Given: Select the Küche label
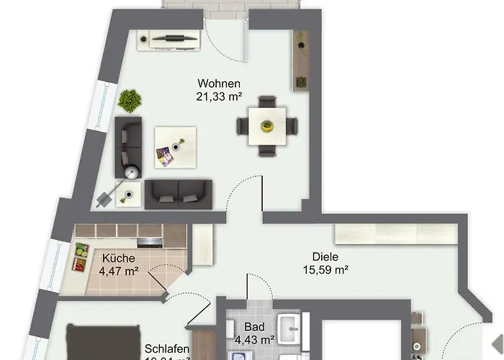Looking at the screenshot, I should coord(117,258).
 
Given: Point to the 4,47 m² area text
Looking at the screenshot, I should coord(117,271).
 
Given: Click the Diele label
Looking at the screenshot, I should coord(325,257).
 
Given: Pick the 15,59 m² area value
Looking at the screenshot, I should coord(325,270).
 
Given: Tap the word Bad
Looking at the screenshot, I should coord(255,327).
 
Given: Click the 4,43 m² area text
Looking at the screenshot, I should coord(255,339).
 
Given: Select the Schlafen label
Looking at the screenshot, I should coord(167,348).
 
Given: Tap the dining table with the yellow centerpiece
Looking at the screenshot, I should coord(266,127).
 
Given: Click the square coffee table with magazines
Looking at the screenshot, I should coord(175,146).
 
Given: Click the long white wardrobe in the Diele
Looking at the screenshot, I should coord(396,235).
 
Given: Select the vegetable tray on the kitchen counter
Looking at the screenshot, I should coord(79,257).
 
